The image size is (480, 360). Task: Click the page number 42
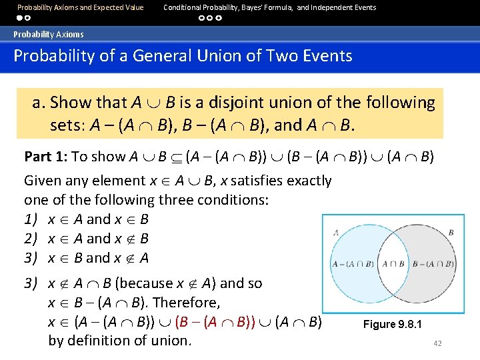click(x=437, y=343)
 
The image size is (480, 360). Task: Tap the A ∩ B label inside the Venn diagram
click(x=394, y=263)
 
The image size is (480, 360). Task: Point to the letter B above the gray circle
click(x=451, y=232)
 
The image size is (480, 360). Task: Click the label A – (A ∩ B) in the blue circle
click(x=354, y=264)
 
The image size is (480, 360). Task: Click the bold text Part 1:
click(x=46, y=157)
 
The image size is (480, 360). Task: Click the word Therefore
click(x=191, y=303)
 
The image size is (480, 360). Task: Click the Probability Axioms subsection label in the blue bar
click(x=49, y=34)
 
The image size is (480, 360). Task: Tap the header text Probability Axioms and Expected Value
click(x=80, y=7)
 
